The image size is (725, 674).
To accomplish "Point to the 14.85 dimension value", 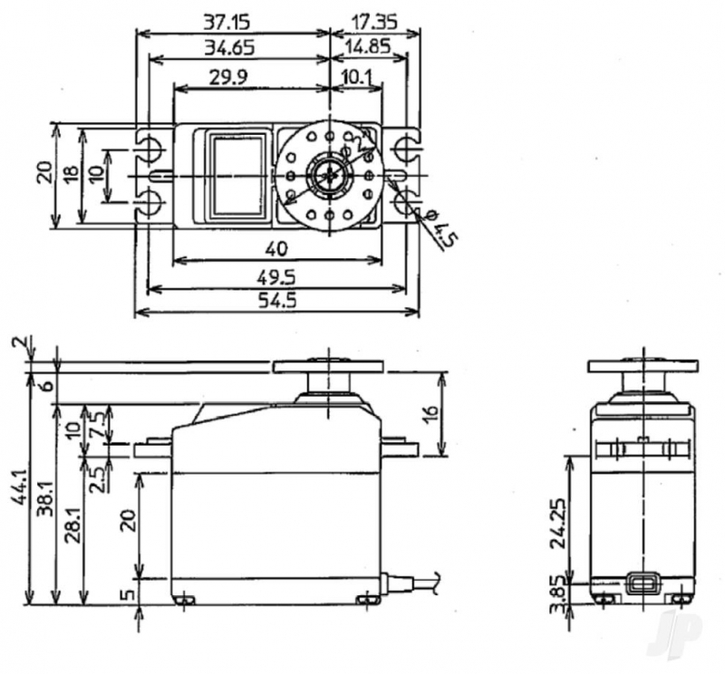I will (x=369, y=47).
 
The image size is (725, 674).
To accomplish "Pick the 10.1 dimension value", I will (x=355, y=78).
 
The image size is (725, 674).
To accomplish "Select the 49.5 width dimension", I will (x=277, y=277).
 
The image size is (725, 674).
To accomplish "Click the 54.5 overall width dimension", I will (x=277, y=301).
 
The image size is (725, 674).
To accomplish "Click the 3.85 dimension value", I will (x=558, y=593).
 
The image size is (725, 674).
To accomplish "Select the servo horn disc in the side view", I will (x=327, y=365).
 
